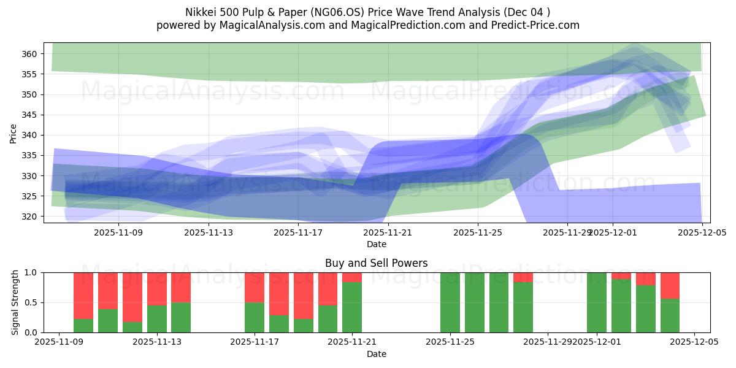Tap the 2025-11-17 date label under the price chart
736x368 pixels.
298,232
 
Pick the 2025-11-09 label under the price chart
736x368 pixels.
118,232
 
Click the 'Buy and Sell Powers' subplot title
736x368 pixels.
377,263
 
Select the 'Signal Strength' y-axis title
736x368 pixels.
15,302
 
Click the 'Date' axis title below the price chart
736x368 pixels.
377,244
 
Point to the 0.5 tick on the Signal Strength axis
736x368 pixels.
31,302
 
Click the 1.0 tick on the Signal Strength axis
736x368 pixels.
31,272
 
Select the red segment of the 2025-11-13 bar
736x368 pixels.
156,288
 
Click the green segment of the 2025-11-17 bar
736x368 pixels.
255,317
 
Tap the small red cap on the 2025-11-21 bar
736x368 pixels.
352,277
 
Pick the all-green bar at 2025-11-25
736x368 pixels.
450,302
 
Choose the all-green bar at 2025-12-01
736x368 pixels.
596,302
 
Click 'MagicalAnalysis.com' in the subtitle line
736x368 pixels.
270,25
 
